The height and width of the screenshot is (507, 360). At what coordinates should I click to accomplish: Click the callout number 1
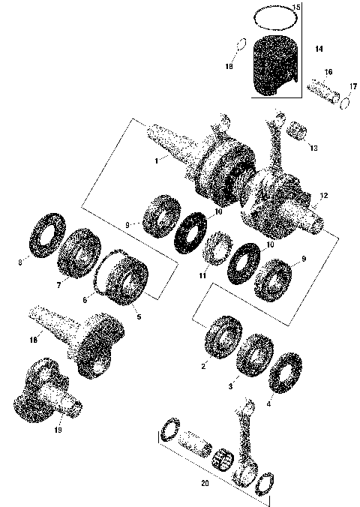(155, 160)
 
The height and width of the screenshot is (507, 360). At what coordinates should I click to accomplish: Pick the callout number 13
(313, 148)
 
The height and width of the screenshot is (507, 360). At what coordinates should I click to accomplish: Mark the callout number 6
(85, 299)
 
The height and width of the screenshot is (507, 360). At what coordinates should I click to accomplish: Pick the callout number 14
(319, 49)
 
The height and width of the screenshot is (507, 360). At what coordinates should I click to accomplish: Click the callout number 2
(203, 366)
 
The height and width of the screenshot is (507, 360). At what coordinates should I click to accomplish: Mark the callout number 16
(328, 72)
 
